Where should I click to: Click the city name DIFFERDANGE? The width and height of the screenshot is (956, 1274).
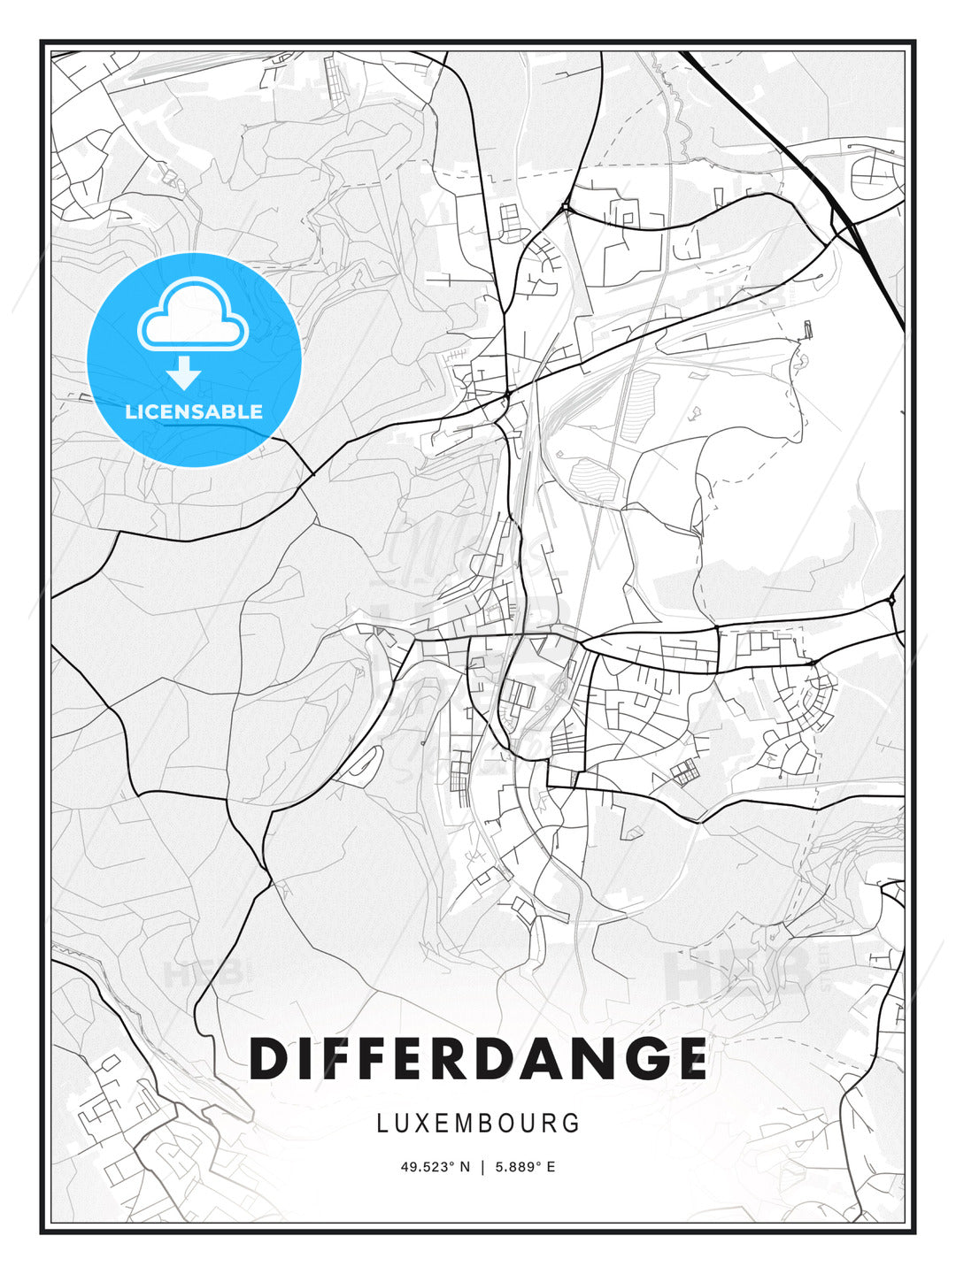point(478,1058)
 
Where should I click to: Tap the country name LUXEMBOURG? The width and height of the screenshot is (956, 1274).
point(478,1124)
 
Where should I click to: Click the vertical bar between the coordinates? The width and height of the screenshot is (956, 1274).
point(482,1167)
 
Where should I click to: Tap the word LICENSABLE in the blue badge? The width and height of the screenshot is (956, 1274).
point(194,411)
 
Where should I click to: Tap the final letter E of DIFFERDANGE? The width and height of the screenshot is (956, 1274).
point(686,1058)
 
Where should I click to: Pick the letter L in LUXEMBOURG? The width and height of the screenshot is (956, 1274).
point(382,1124)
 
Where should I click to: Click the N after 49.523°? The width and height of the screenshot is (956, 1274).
point(466,1167)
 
